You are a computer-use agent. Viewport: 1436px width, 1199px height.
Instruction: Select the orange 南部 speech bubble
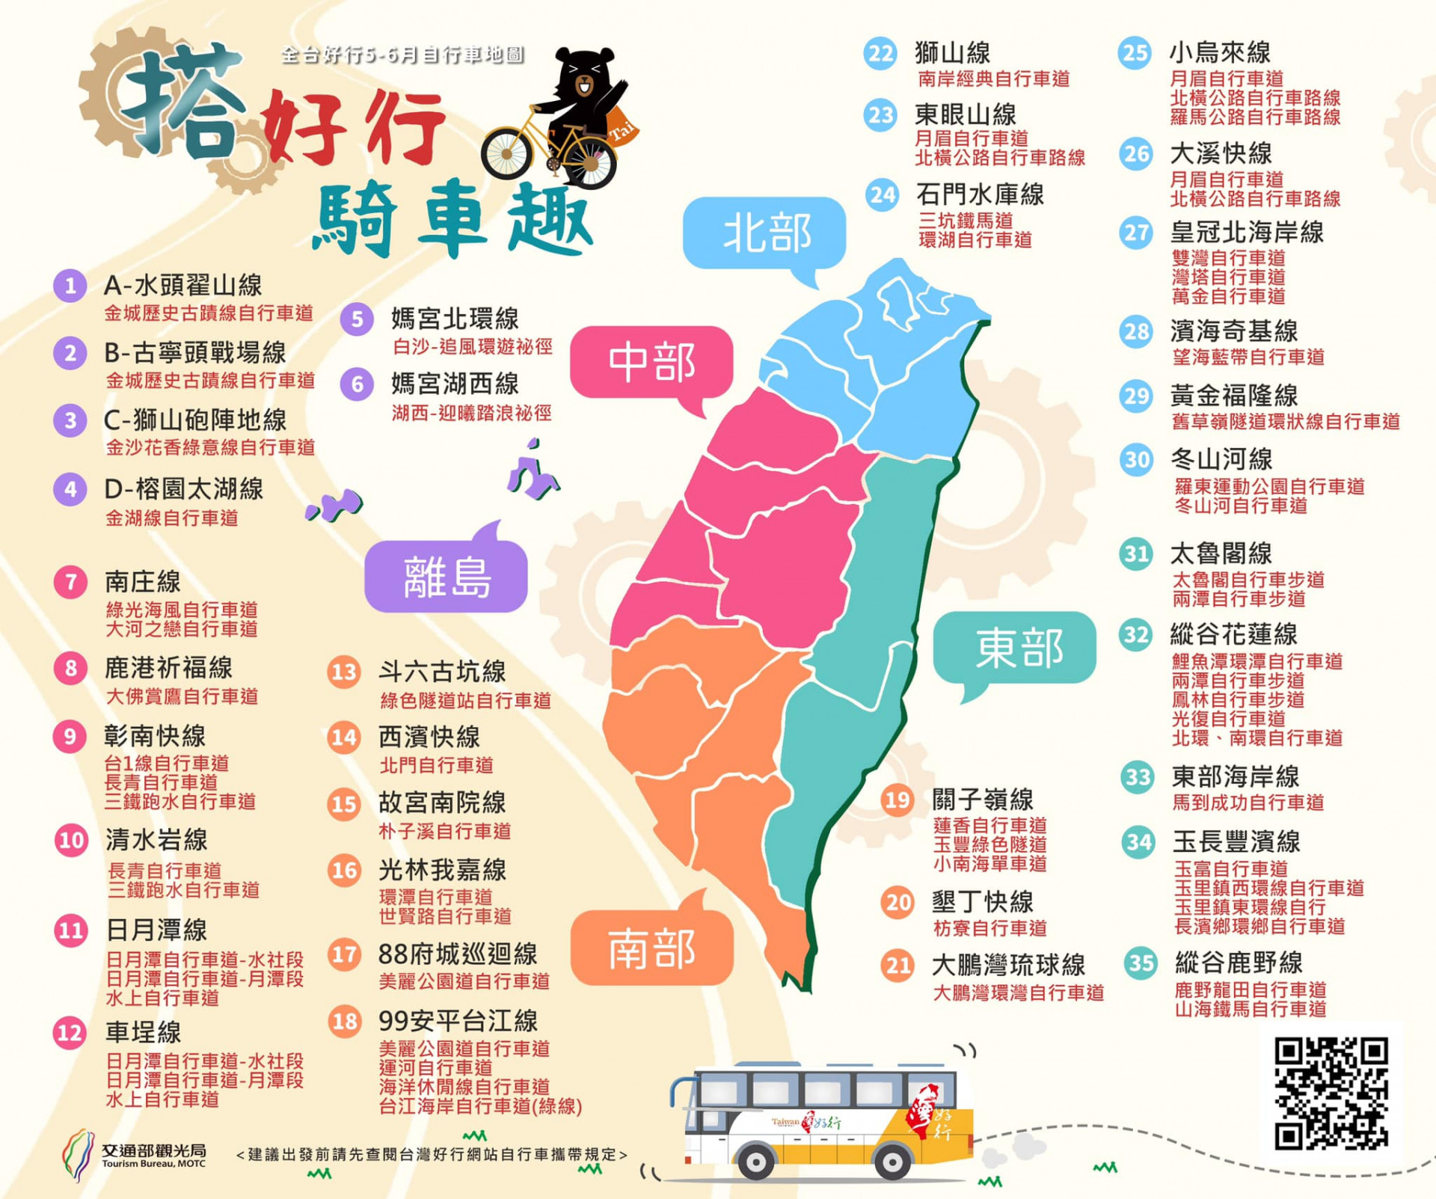pyautogui.click(x=651, y=948)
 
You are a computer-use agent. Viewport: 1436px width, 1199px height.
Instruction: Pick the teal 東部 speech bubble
pyautogui.click(x=1016, y=647)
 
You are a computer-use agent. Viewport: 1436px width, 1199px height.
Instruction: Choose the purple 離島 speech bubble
pyautogui.click(x=447, y=577)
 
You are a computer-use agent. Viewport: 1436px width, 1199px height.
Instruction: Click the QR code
pyautogui.click(x=1331, y=1092)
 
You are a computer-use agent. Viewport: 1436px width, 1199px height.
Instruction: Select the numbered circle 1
pyautogui.click(x=70, y=286)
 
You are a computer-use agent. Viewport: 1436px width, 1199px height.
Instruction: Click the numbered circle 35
pyautogui.click(x=1141, y=963)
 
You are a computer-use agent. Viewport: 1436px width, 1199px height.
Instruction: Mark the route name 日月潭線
pyautogui.click(x=156, y=930)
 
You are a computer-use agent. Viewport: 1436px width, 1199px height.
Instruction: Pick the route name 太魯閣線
pyautogui.click(x=1221, y=553)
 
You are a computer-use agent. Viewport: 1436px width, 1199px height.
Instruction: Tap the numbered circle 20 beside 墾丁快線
pyautogui.click(x=897, y=903)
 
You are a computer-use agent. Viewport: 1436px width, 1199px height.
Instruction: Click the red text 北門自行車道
pyautogui.click(x=436, y=765)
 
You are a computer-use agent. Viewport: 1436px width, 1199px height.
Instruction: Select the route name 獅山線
pyautogui.click(x=952, y=53)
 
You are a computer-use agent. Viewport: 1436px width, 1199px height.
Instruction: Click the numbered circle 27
pyautogui.click(x=1136, y=233)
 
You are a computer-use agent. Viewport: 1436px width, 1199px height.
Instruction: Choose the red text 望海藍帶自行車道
pyautogui.click(x=1248, y=357)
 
